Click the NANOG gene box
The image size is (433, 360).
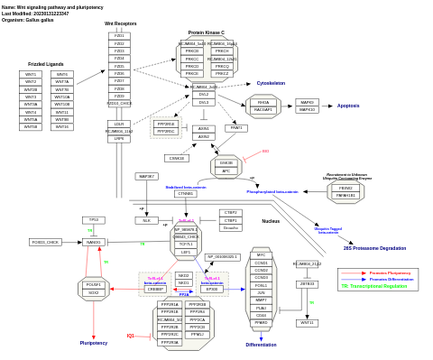pyautogui.click(x=93, y=242)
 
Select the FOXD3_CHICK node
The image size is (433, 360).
pyautogui.click(x=46, y=242)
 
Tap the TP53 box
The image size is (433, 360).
pyautogui.click(x=92, y=219)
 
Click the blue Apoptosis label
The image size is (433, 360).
pyautogui.click(x=348, y=106)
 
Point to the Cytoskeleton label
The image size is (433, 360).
pyautogui.click(x=271, y=83)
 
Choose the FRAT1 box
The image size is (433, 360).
pyautogui.click(x=235, y=128)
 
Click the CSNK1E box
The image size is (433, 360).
pyautogui.click(x=177, y=158)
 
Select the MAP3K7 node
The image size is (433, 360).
pyautogui.click(x=147, y=176)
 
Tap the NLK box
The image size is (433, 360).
pyautogui.click(x=147, y=219)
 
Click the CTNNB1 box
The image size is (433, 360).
pyautogui.click(x=186, y=193)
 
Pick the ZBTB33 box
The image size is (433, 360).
pyautogui.click(x=307, y=283)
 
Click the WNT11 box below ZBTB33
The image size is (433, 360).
pyautogui.click(x=307, y=322)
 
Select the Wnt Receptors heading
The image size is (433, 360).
pyautogui.click(x=121, y=23)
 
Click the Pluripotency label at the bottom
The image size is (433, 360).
pyautogui.click(x=94, y=343)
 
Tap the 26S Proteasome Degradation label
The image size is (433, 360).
pyautogui.click(x=374, y=247)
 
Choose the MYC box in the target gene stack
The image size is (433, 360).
pyautogui.click(x=262, y=255)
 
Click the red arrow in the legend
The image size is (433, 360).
pyautogui.click(x=353, y=272)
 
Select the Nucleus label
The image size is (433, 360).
pyautogui.click(x=271, y=220)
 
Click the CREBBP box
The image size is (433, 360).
pyautogui.click(x=155, y=290)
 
